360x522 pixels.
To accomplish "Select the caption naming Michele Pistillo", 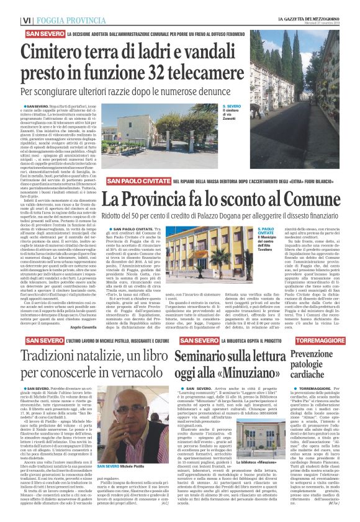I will (125, 466).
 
